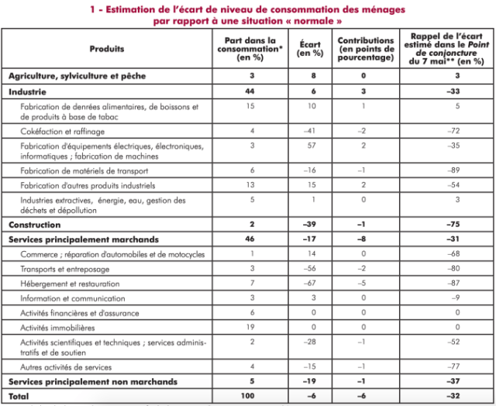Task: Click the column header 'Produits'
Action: pos(106,49)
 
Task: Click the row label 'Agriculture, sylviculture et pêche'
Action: pos(77,76)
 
